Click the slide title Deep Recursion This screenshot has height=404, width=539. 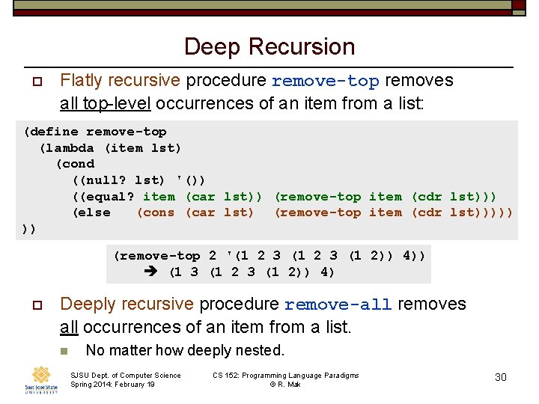coord(269,46)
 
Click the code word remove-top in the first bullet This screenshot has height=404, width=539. coord(325,81)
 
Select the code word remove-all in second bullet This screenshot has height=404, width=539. coord(338,304)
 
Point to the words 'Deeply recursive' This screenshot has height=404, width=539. coord(127,304)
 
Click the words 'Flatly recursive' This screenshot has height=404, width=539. coord(120,80)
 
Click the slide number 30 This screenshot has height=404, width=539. coord(501,377)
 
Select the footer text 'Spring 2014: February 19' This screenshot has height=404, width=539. coord(112,385)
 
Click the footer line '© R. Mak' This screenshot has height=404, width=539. coord(285,385)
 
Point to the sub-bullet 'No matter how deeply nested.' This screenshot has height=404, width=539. coord(185,350)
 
